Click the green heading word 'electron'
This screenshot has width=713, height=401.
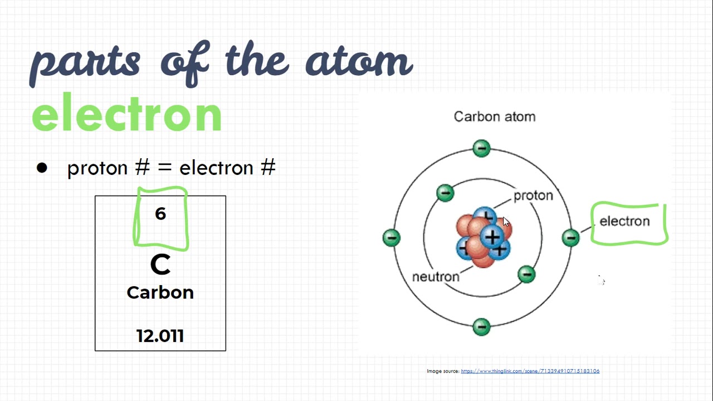tap(127, 114)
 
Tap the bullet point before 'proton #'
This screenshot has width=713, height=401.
tap(42, 168)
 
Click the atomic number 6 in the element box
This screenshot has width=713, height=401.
tap(160, 214)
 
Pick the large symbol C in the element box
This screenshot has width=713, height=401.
tap(160, 265)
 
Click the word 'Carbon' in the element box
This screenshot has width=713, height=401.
tap(160, 292)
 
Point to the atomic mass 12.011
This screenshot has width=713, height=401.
tap(160, 336)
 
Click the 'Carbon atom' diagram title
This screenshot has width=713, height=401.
tap(495, 117)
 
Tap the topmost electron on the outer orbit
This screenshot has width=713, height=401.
tap(481, 148)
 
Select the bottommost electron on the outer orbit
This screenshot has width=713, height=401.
tap(481, 326)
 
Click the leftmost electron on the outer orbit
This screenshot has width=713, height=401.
tap(392, 238)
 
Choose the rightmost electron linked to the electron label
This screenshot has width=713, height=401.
tap(570, 238)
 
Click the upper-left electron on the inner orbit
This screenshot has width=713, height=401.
tap(445, 193)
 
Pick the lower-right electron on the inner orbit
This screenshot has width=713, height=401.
tap(526, 273)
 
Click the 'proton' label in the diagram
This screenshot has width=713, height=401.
tap(533, 195)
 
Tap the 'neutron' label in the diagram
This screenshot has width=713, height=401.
tap(436, 277)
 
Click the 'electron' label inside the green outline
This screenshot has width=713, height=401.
tap(624, 222)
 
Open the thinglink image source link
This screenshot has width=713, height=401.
tap(530, 371)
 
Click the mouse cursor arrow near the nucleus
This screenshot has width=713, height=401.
tap(506, 222)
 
